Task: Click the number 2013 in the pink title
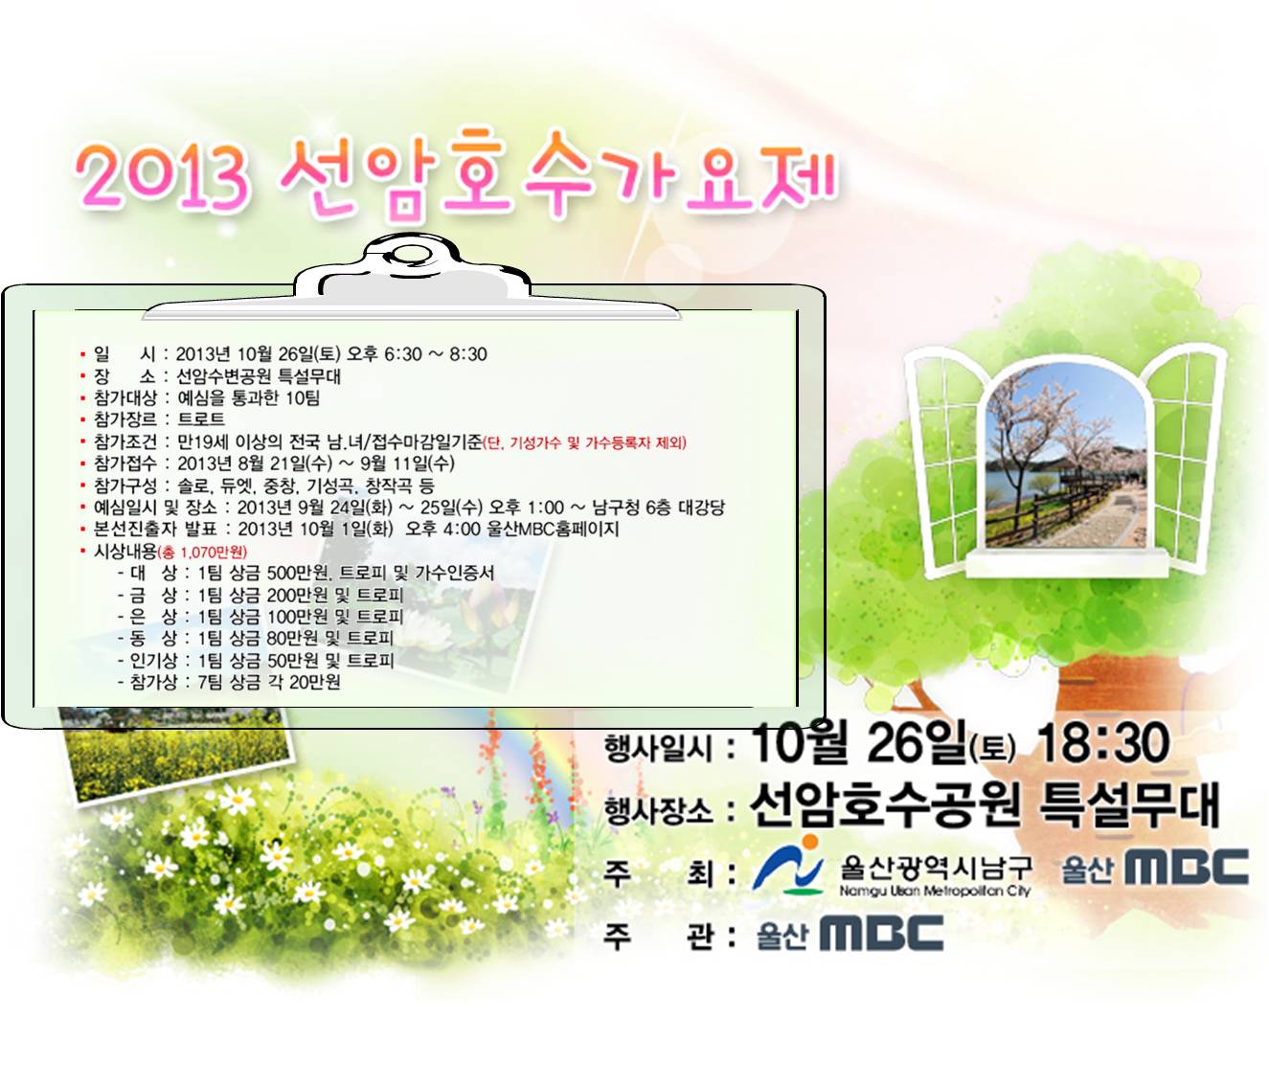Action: pyautogui.click(x=162, y=175)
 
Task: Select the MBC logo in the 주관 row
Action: pyautogui.click(x=850, y=934)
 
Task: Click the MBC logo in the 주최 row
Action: pyautogui.click(x=1155, y=867)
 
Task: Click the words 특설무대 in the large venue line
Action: pyautogui.click(x=1128, y=805)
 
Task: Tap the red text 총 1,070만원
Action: pyautogui.click(x=203, y=552)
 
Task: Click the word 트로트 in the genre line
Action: pyautogui.click(x=201, y=419)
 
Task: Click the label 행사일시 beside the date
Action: pyautogui.click(x=659, y=748)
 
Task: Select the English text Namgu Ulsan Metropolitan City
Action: pyautogui.click(x=935, y=891)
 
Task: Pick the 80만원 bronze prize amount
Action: pyautogui.click(x=292, y=639)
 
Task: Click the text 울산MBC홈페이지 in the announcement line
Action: pyautogui.click(x=553, y=529)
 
